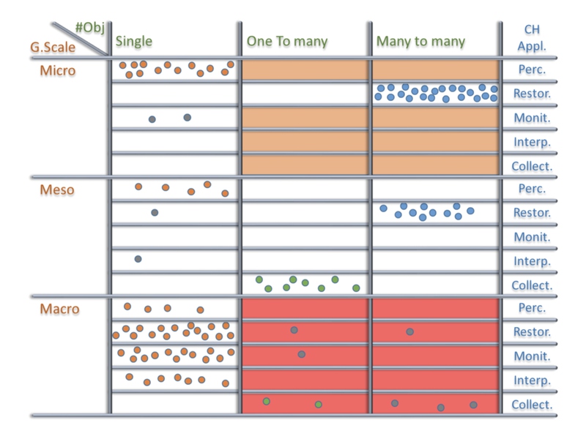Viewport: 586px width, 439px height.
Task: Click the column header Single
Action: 134,42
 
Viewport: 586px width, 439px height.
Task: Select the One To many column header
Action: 287,41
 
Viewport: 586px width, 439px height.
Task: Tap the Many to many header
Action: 420,42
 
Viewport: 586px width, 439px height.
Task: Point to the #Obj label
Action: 89,28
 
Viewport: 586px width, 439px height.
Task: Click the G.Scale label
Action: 53,48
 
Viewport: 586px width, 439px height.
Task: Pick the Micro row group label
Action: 58,70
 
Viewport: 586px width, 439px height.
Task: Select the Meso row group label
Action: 57,190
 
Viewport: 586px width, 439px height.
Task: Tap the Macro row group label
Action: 59,309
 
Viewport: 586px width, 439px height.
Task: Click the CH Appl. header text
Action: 532,38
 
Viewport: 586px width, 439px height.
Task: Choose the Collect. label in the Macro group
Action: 532,405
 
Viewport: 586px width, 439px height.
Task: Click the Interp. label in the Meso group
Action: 533,261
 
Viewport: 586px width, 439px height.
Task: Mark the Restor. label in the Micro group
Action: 533,94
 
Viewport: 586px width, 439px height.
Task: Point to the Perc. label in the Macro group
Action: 532,308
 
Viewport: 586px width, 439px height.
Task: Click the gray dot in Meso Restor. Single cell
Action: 155,213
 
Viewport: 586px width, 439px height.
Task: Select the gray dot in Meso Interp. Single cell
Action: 138,259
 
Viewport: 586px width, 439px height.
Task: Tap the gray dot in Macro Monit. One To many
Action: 302,354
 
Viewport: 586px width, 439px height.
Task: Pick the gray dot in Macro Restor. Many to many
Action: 410,331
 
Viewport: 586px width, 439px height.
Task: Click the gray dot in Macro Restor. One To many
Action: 294,330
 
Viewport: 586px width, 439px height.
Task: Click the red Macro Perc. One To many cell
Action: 305,308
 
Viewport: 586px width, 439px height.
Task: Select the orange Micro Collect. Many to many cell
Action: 435,165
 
